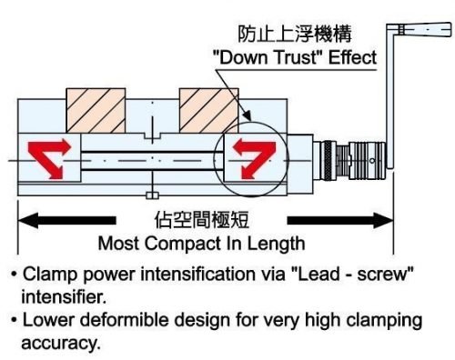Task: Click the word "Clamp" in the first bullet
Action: click(x=46, y=274)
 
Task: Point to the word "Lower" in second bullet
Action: click(x=45, y=321)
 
